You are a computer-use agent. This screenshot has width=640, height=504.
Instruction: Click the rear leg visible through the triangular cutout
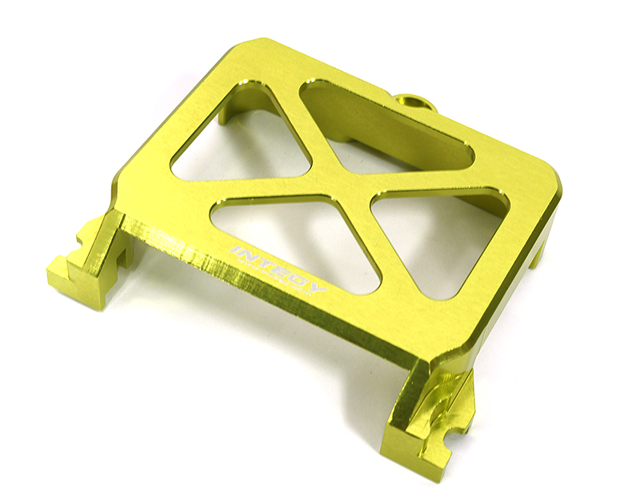[240, 104]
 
